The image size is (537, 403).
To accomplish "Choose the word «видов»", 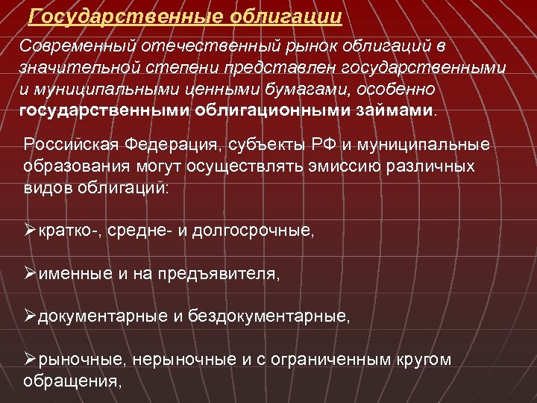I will [45, 187].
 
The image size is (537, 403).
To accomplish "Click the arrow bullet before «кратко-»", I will [30, 232].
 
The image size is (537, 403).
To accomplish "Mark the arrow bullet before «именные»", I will [30, 275].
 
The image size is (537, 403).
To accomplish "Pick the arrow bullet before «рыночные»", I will [30, 360].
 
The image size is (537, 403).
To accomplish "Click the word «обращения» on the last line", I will [71, 381].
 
